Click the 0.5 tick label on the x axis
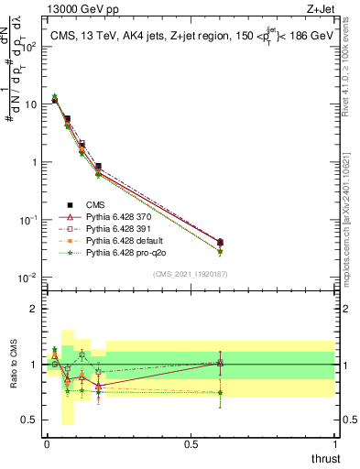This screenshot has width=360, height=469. click(x=191, y=443)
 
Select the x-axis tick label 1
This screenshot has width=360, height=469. click(x=334, y=443)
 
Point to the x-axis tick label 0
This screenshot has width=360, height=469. click(x=47, y=443)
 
